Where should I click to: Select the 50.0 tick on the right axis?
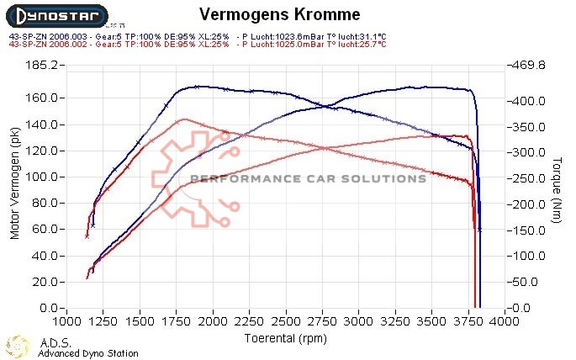point(531,283)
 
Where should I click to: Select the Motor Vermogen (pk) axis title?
point(14,186)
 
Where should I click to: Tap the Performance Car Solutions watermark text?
point(309,178)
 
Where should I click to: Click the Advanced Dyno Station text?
point(88,353)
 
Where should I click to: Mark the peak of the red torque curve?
point(183,119)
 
